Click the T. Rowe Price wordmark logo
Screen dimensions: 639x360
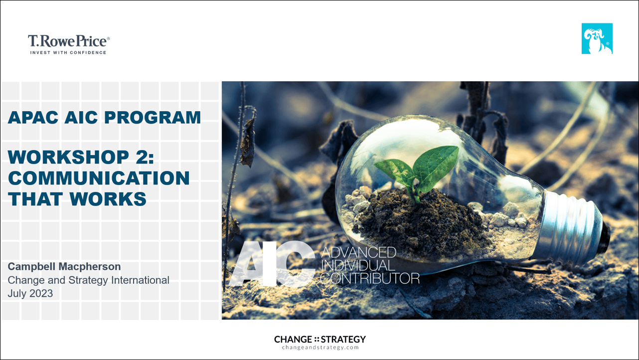click(x=68, y=41)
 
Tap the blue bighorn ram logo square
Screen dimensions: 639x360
click(x=597, y=38)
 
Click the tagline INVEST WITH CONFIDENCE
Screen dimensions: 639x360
click(x=68, y=52)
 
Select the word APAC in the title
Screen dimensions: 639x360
click(x=33, y=117)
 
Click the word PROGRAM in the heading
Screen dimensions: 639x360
click(x=153, y=117)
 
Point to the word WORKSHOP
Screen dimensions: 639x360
click(x=68, y=157)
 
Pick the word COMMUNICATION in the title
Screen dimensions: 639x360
click(x=99, y=178)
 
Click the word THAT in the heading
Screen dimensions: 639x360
click(x=35, y=199)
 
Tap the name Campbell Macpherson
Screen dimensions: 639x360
click(x=64, y=266)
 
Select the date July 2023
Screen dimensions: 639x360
click(x=30, y=293)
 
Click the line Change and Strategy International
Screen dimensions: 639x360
click(x=88, y=280)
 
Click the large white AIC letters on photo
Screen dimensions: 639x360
click(x=272, y=264)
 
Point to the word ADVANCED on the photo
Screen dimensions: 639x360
click(x=358, y=252)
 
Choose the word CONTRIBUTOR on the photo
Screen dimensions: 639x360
click(x=370, y=278)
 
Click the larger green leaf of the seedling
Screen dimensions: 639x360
click(x=436, y=167)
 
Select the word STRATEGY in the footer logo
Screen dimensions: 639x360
click(x=343, y=340)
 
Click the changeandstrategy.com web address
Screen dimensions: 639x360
click(x=320, y=348)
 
